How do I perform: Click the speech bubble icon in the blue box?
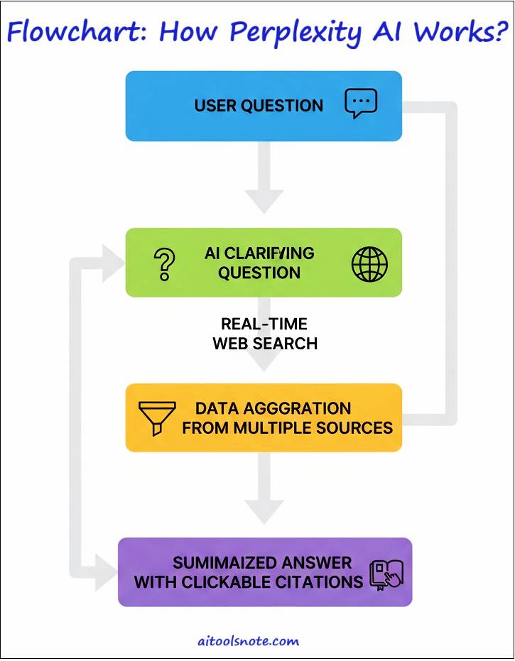[x=361, y=104]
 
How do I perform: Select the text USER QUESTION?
[x=259, y=106]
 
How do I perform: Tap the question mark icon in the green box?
[x=164, y=263]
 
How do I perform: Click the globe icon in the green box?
[x=370, y=264]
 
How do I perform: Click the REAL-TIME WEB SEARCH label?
[x=264, y=334]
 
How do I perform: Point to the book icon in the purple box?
[x=386, y=574]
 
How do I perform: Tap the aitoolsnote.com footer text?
[x=248, y=641]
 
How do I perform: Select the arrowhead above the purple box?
[x=264, y=510]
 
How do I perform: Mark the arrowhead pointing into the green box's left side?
[x=114, y=263]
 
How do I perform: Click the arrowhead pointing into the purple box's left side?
[x=107, y=571]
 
